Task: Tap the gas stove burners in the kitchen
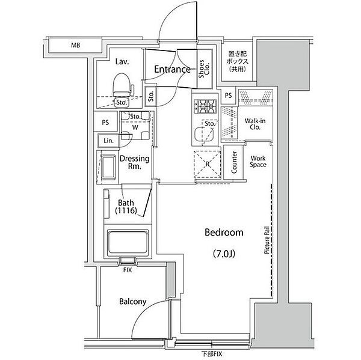205,106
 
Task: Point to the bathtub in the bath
128,242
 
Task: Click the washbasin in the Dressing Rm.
108,167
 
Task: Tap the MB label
75,45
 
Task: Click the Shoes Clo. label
204,69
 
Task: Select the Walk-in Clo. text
255,124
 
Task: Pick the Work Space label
258,162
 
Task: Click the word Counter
234,162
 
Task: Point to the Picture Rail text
267,240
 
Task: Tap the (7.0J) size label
224,254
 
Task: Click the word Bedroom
224,233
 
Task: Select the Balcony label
132,302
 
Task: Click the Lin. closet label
108,141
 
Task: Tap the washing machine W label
135,127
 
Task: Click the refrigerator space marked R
208,164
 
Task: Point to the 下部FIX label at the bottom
212,354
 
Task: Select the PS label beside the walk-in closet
228,95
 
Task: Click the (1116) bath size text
126,210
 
